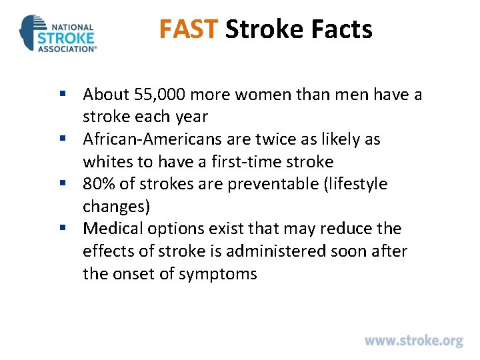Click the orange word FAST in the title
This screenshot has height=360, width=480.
coord(189,29)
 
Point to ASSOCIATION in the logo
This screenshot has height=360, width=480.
coord(67,49)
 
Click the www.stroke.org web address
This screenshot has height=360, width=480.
coord(413,341)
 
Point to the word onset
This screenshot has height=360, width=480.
coord(133,274)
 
